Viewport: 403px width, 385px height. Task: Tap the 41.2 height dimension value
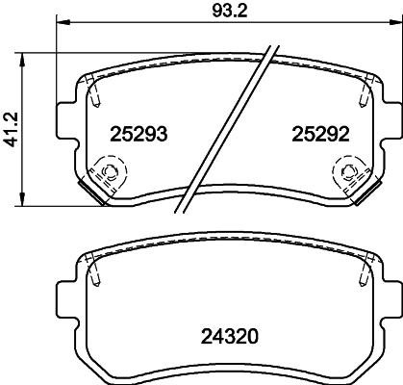click(x=11, y=127)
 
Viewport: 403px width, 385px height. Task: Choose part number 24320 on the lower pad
click(x=227, y=336)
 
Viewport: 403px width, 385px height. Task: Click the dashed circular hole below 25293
click(x=108, y=174)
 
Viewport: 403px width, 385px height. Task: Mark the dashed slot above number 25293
click(x=95, y=95)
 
